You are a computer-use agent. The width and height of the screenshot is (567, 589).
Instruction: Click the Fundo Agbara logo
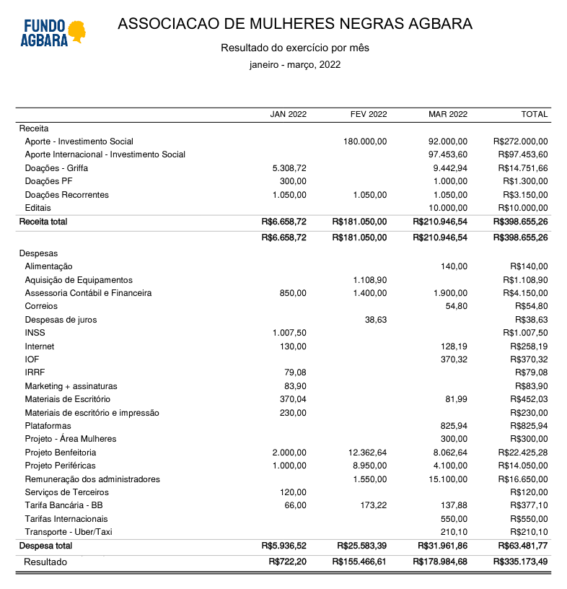click(x=54, y=32)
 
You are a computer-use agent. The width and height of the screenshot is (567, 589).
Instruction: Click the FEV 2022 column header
click(x=369, y=114)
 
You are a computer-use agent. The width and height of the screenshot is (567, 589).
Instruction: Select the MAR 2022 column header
click(x=448, y=114)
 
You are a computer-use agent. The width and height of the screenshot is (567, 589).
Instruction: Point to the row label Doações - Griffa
click(x=57, y=168)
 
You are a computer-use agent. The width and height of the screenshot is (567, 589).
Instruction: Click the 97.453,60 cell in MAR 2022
click(x=447, y=154)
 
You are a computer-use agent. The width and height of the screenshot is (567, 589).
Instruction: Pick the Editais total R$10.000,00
click(x=521, y=208)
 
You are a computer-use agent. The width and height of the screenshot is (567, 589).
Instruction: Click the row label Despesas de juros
click(x=61, y=320)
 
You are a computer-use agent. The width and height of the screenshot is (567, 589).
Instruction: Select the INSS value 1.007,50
click(x=289, y=333)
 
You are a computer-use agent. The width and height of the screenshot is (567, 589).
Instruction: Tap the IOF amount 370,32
click(x=453, y=359)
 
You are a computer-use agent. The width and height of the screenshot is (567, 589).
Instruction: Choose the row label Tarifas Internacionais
click(x=66, y=519)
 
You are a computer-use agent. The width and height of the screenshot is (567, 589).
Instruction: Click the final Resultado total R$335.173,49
click(x=520, y=562)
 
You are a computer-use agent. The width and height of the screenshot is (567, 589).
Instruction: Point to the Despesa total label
click(x=45, y=546)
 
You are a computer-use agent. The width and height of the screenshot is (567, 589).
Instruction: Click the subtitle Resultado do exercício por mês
click(x=295, y=48)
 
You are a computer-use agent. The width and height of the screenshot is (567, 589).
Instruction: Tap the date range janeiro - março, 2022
click(x=295, y=64)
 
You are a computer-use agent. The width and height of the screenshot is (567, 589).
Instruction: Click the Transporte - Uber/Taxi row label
click(x=69, y=532)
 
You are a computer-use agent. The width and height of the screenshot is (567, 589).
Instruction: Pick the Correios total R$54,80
click(x=531, y=306)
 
